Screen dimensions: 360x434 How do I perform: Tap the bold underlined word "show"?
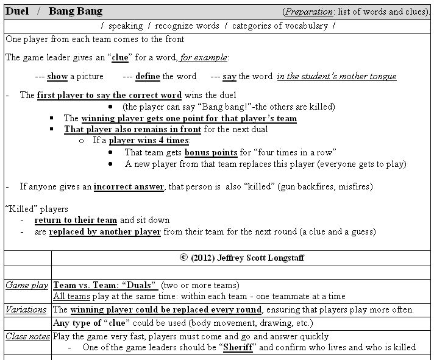[x=57, y=76]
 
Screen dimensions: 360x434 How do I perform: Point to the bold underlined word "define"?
[x=148, y=76]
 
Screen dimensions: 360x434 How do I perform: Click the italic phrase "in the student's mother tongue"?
[x=336, y=76]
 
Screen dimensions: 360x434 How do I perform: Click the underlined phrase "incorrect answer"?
[x=129, y=186]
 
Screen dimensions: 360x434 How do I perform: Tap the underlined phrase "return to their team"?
[x=76, y=220]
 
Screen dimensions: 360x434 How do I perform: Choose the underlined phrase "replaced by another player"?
[x=105, y=232]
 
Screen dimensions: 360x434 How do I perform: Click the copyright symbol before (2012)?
[x=183, y=258]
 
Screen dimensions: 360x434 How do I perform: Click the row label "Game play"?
[x=27, y=285]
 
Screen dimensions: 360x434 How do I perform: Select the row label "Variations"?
[x=26, y=309]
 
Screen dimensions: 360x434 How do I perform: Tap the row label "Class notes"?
[x=27, y=336]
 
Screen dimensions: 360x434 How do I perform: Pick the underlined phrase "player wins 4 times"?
[x=149, y=141]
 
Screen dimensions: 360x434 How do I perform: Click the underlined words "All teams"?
[x=71, y=297]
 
